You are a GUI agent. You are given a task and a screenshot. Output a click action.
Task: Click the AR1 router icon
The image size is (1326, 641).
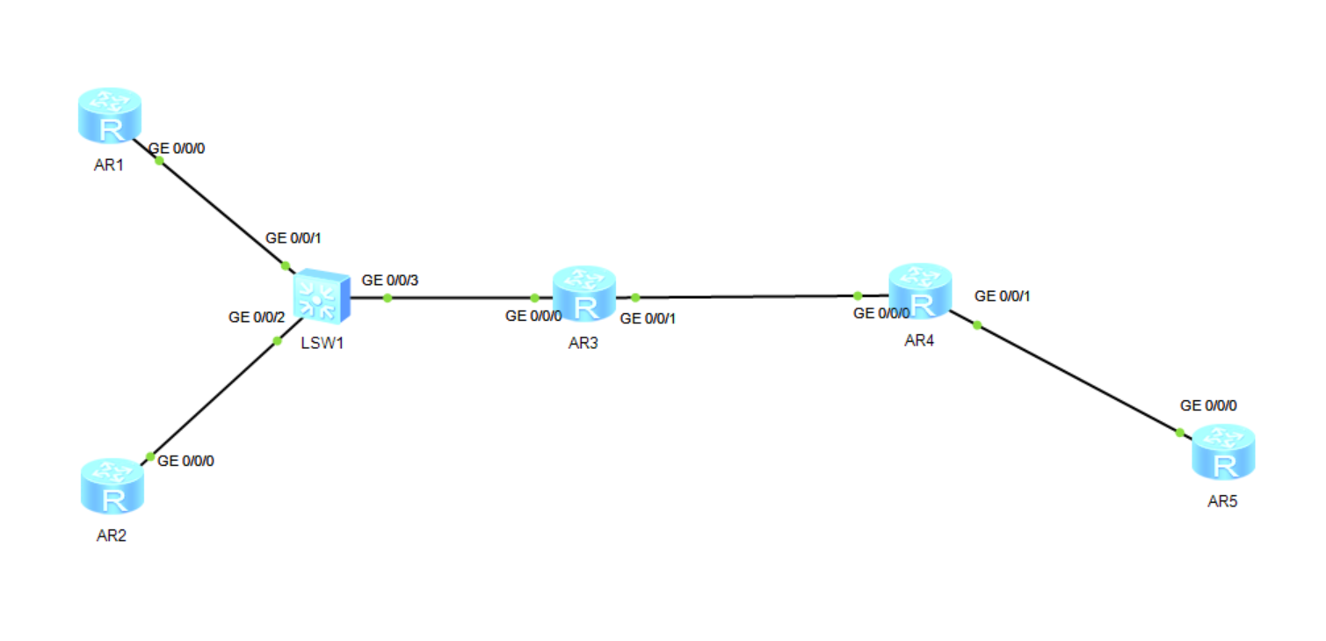[x=109, y=116]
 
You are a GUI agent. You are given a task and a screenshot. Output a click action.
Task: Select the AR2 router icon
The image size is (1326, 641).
[x=112, y=486]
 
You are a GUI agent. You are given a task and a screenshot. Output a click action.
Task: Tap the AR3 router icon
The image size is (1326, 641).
[x=584, y=294]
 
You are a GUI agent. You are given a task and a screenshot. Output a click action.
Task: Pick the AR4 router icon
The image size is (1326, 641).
[x=920, y=291]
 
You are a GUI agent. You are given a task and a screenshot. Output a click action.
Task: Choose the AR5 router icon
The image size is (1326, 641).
[x=1223, y=452]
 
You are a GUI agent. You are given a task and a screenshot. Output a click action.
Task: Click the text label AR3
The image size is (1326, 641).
[x=583, y=343]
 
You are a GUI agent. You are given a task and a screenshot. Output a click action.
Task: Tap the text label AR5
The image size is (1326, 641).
[x=1222, y=502]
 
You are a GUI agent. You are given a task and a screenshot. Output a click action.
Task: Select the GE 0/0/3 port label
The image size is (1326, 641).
[x=390, y=280]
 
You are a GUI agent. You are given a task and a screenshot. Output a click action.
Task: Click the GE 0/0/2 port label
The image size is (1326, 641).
[x=257, y=317]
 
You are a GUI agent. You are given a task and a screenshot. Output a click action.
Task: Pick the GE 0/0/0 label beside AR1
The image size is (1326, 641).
[x=178, y=149]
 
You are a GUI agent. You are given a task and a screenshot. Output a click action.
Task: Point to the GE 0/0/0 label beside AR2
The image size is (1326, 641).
[x=185, y=461]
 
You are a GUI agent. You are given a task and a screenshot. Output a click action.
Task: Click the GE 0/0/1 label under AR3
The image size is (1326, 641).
[x=649, y=318]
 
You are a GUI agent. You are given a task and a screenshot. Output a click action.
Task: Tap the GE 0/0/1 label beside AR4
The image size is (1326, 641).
[x=1003, y=295]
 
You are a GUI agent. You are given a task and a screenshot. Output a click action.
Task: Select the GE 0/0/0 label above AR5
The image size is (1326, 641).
[x=1208, y=405]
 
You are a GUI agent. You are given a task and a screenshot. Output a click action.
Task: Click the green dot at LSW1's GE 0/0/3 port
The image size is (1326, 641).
[x=387, y=298]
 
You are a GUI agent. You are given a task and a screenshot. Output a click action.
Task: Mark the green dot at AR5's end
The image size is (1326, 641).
[x=1179, y=432]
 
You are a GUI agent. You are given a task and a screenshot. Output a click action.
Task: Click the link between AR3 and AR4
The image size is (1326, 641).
[x=747, y=297]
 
